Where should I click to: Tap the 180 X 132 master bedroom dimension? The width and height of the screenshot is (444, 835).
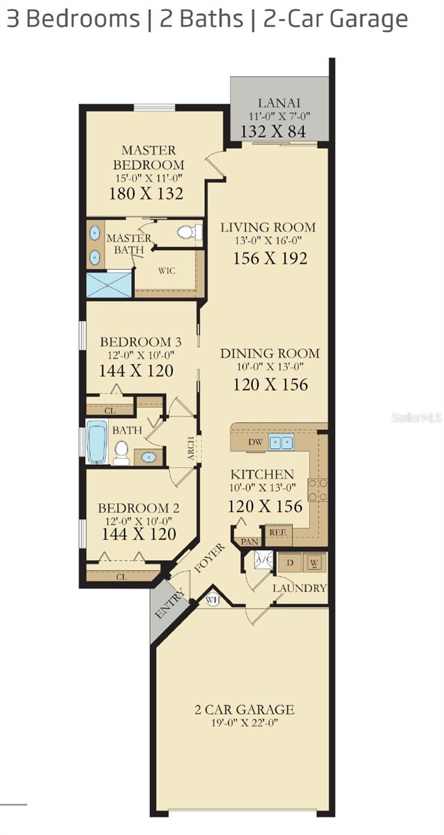tap(146, 193)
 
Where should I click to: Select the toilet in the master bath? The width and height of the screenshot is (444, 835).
tap(189, 232)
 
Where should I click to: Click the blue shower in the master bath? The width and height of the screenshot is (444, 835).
tap(109, 285)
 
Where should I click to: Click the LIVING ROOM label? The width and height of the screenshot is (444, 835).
tap(268, 228)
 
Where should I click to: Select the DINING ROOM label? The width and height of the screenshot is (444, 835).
tap(270, 353)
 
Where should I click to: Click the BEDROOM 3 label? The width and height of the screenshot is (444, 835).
tap(141, 342)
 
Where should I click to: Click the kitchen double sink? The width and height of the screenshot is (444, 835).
tap(282, 442)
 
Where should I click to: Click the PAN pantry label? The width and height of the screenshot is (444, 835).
tap(248, 541)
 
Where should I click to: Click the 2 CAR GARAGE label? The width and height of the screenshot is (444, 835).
tap(244, 710)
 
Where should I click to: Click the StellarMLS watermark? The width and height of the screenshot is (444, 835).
tap(416, 417)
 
